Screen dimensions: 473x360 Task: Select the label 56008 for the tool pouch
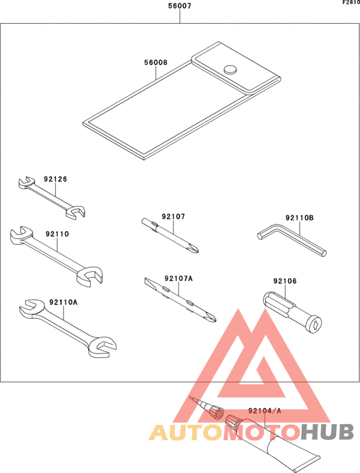156,63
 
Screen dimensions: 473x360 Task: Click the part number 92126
55,179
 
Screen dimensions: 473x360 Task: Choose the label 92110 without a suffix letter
57,235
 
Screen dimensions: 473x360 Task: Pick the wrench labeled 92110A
64,328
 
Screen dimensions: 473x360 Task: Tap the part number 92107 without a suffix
173,217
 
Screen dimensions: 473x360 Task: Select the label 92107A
178,278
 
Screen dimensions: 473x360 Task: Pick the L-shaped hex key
292,243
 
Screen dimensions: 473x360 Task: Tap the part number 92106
284,281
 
